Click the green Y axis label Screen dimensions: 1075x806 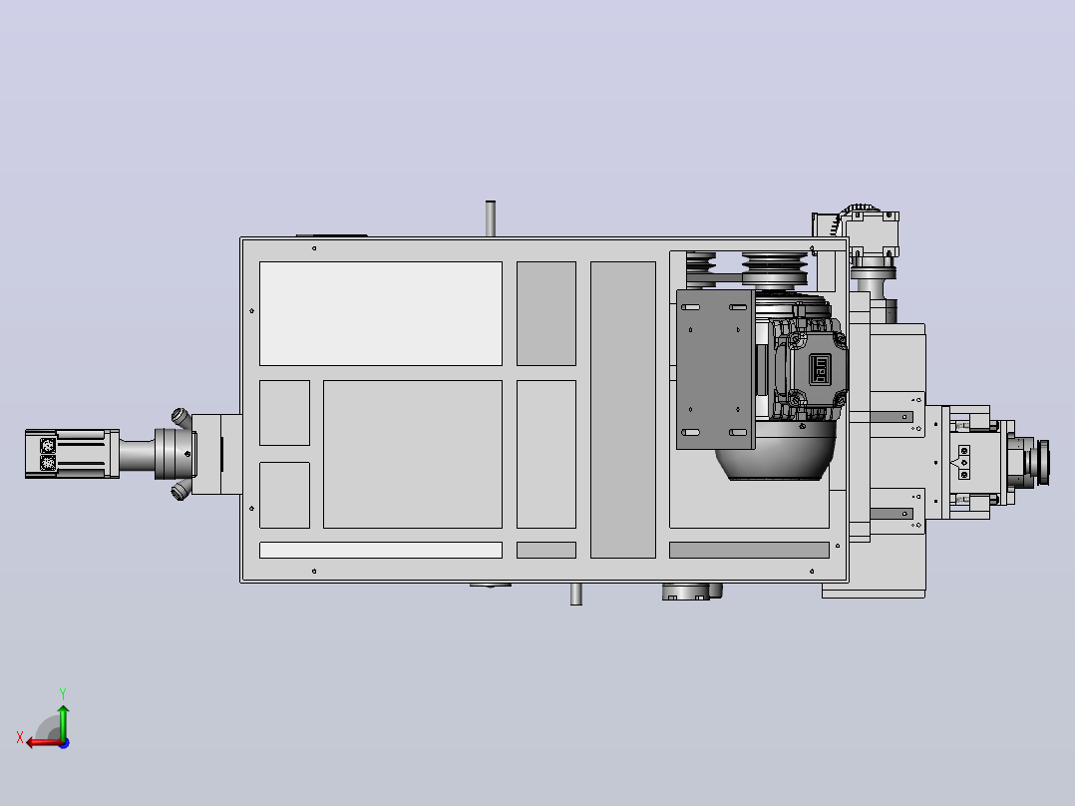[x=63, y=693]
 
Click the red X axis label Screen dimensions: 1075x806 [x=20, y=737]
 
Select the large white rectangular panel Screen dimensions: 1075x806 [x=381, y=313]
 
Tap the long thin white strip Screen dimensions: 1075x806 [x=381, y=551]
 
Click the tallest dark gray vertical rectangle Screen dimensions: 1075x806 [x=623, y=410]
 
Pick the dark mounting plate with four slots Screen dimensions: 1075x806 [x=716, y=370]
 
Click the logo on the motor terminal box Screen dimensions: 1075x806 [x=820, y=370]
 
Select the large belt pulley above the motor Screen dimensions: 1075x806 [x=775, y=269]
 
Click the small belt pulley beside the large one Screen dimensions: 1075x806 [x=701, y=266]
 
